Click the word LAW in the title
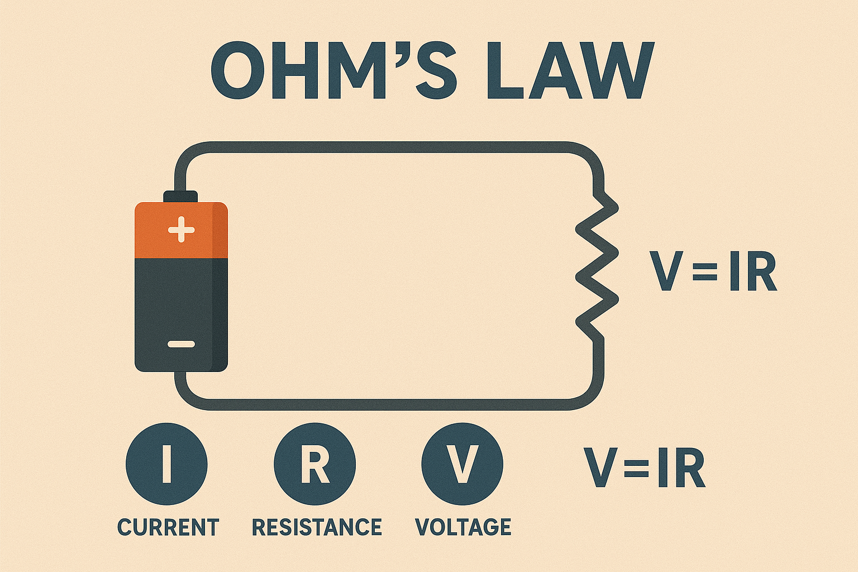point(570,70)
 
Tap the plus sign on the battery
point(181,230)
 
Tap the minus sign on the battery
point(181,344)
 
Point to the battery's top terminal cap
point(180,196)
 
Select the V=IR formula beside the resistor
point(713,272)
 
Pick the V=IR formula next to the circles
point(644,467)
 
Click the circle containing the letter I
point(166,464)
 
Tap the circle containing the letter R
point(314,464)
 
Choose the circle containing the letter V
point(462,464)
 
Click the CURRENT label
point(168,527)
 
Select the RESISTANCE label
point(317,527)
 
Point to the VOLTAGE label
point(463,527)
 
